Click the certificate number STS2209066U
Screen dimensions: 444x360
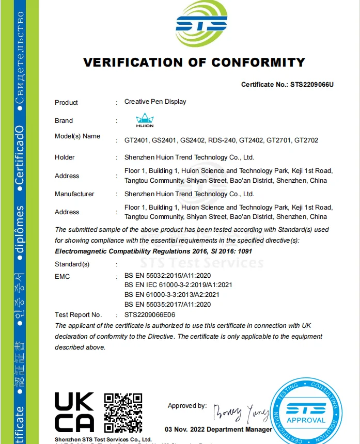pos(312,84)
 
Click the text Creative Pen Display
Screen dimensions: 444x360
pos(155,102)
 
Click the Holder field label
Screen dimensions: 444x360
pos(65,157)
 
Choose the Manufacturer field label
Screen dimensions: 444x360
pos(74,194)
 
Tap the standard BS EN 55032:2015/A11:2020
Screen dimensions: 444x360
pos(167,276)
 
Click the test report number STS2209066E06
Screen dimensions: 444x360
pos(152,314)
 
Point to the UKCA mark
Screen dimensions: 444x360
pos(74,412)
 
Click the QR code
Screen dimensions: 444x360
pos(123,412)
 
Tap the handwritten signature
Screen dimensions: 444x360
pos(240,413)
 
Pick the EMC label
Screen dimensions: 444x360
pos(62,276)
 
